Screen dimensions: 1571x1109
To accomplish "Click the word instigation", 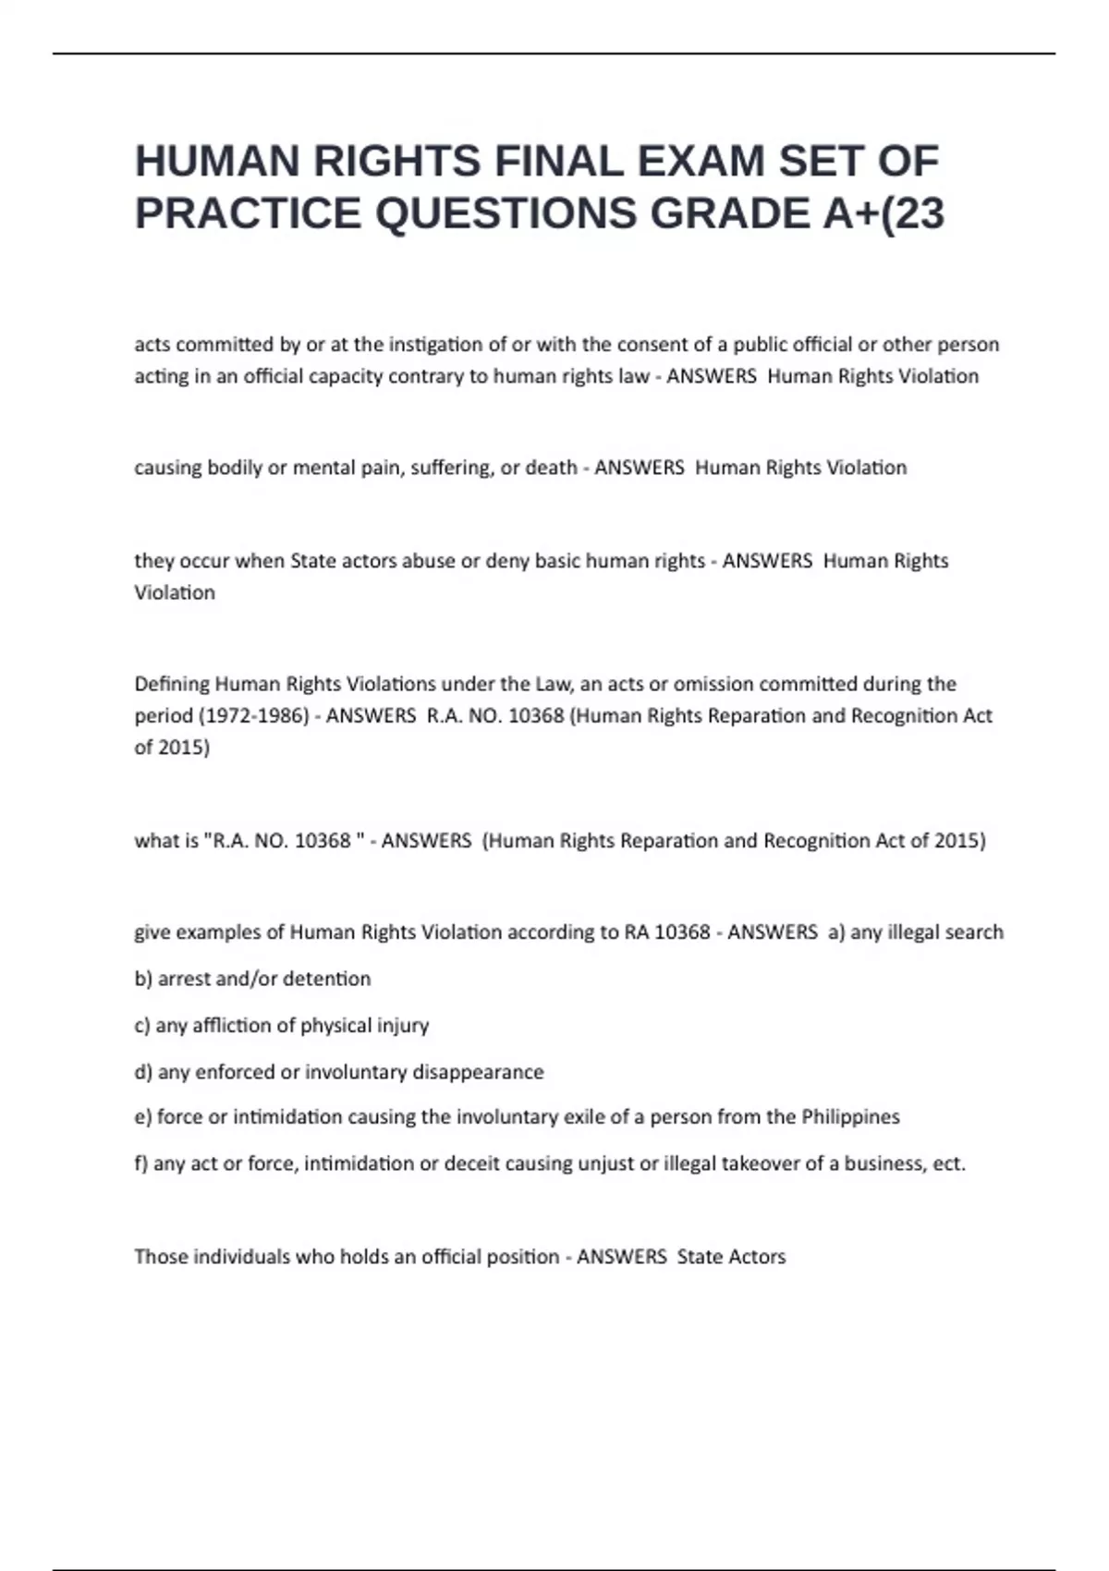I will [x=435, y=345].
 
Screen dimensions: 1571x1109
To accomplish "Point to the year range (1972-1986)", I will [x=254, y=716].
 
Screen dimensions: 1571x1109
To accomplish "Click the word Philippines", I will [x=850, y=1117].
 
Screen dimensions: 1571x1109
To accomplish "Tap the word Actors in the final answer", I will [x=757, y=1258].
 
